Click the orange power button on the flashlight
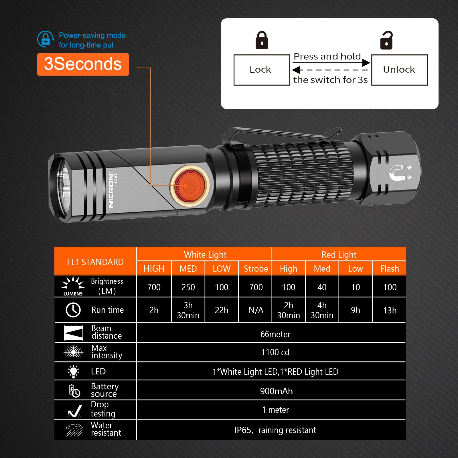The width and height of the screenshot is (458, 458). tap(190, 185)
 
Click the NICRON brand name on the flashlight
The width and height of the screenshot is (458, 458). tap(111, 190)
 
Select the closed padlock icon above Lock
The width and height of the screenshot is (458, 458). tap(262, 40)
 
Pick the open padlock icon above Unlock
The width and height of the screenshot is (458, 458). tap(386, 40)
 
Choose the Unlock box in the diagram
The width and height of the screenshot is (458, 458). tap(399, 70)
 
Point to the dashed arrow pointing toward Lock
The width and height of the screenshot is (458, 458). tap(330, 70)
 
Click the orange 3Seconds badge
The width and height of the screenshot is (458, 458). tap(83, 64)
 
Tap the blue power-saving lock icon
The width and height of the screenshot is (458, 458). tap(46, 39)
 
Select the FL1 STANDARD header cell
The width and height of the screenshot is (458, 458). tap(95, 262)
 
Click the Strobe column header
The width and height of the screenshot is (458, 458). tap(256, 269)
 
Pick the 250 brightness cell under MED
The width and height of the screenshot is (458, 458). tap(188, 287)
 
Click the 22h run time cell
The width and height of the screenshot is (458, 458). tap(222, 310)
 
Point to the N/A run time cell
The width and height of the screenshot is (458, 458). tap(256, 310)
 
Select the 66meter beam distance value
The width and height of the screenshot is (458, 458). tap(275, 334)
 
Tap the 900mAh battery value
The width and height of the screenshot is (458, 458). tap(276, 391)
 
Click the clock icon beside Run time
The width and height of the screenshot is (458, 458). tap(73, 310)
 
